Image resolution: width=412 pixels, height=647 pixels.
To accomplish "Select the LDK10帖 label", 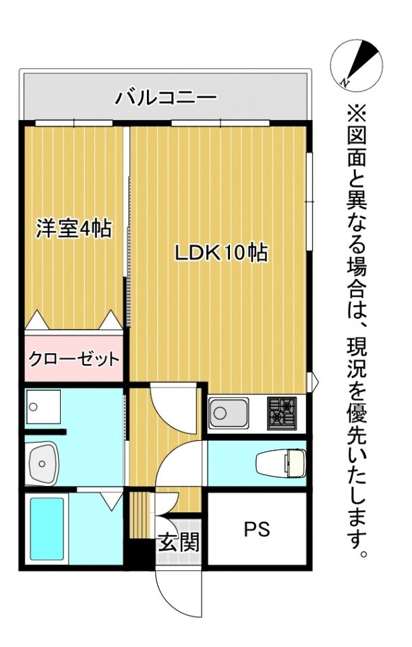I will pos(222,253).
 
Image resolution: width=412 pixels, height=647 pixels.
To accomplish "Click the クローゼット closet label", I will pos(73,359).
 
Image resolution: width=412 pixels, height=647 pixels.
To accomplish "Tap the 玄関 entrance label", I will pos(179,542).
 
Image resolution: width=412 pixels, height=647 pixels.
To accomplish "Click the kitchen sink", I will pos(228,412).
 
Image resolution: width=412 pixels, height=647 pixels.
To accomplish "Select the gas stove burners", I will pos(283,412).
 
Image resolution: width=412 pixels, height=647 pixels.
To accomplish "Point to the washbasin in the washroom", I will pos(44,463).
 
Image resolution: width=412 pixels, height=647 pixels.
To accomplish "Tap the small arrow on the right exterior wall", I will pos(313,382).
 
